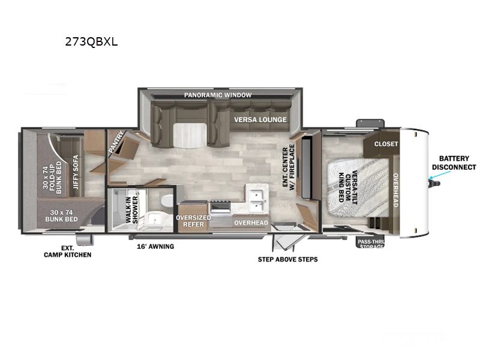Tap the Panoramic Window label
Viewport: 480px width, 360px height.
click(218, 95)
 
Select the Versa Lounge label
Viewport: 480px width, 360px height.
click(260, 119)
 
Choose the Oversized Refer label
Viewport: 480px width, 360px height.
click(193, 221)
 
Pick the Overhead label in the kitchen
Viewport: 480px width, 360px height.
click(251, 223)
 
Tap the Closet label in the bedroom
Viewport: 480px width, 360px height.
click(386, 144)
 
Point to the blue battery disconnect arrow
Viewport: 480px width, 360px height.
click(437, 176)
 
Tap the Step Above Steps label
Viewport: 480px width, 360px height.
click(287, 259)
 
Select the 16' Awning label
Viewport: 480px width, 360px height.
click(155, 247)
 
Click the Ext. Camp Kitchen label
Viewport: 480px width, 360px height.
click(68, 251)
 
